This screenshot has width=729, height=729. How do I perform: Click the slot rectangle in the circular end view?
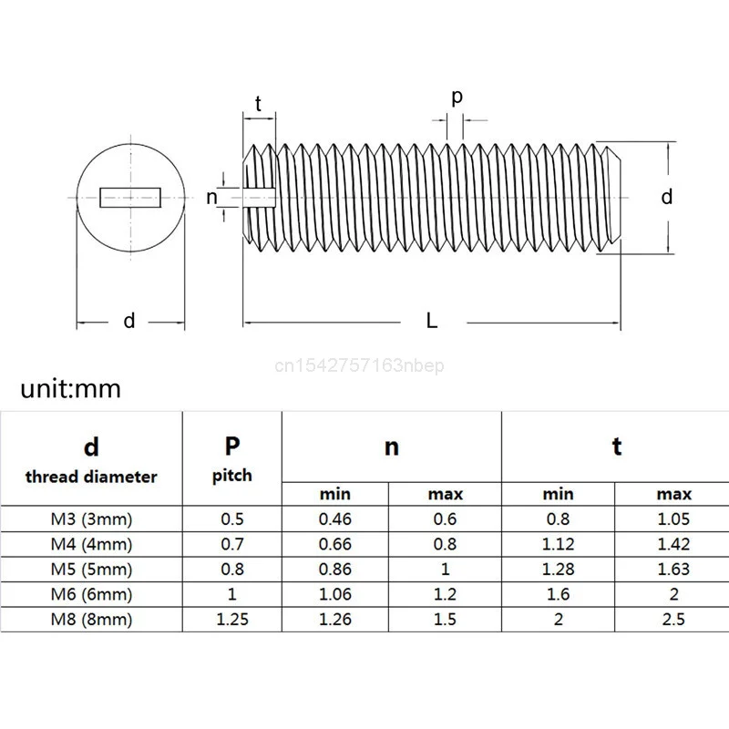(x=130, y=195)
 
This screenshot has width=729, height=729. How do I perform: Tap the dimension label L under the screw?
(x=432, y=320)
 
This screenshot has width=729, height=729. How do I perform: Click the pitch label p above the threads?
(x=457, y=97)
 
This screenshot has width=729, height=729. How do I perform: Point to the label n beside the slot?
(x=212, y=197)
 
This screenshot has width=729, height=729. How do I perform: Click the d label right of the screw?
(x=667, y=197)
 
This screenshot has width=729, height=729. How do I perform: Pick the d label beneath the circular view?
(x=129, y=320)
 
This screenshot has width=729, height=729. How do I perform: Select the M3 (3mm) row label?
(x=91, y=520)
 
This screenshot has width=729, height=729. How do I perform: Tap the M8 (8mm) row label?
(x=91, y=620)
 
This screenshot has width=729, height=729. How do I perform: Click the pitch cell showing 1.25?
(x=232, y=620)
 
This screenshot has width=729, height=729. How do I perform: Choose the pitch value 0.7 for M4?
(x=232, y=545)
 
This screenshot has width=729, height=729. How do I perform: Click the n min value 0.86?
(x=335, y=570)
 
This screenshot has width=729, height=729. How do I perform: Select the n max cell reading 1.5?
(x=445, y=620)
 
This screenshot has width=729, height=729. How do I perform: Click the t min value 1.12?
(x=559, y=545)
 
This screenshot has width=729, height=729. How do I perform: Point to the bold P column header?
(x=232, y=446)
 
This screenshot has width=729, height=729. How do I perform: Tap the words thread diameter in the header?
(x=91, y=477)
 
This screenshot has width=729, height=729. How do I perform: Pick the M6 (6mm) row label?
(x=91, y=595)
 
